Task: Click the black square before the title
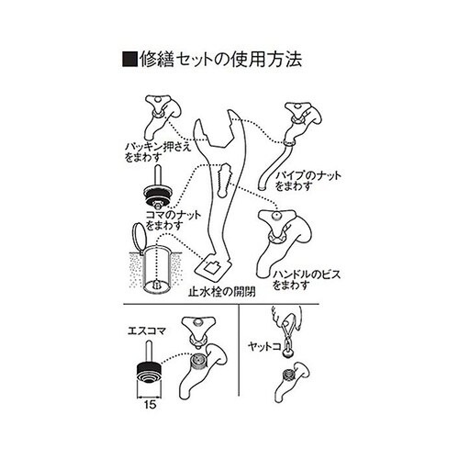pos(129,60)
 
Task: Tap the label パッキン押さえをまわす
pos(158,151)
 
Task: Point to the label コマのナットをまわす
pos(174,220)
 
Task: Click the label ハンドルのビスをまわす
pos(307,280)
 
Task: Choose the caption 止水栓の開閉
pos(222,292)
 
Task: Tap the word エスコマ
pos(147,331)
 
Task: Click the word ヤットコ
pos(264,347)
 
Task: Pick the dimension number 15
pos(150,405)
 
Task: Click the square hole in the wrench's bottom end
pos(212,267)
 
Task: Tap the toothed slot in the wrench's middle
pos(224,181)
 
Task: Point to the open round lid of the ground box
pos(137,237)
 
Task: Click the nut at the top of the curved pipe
pos(290,143)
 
